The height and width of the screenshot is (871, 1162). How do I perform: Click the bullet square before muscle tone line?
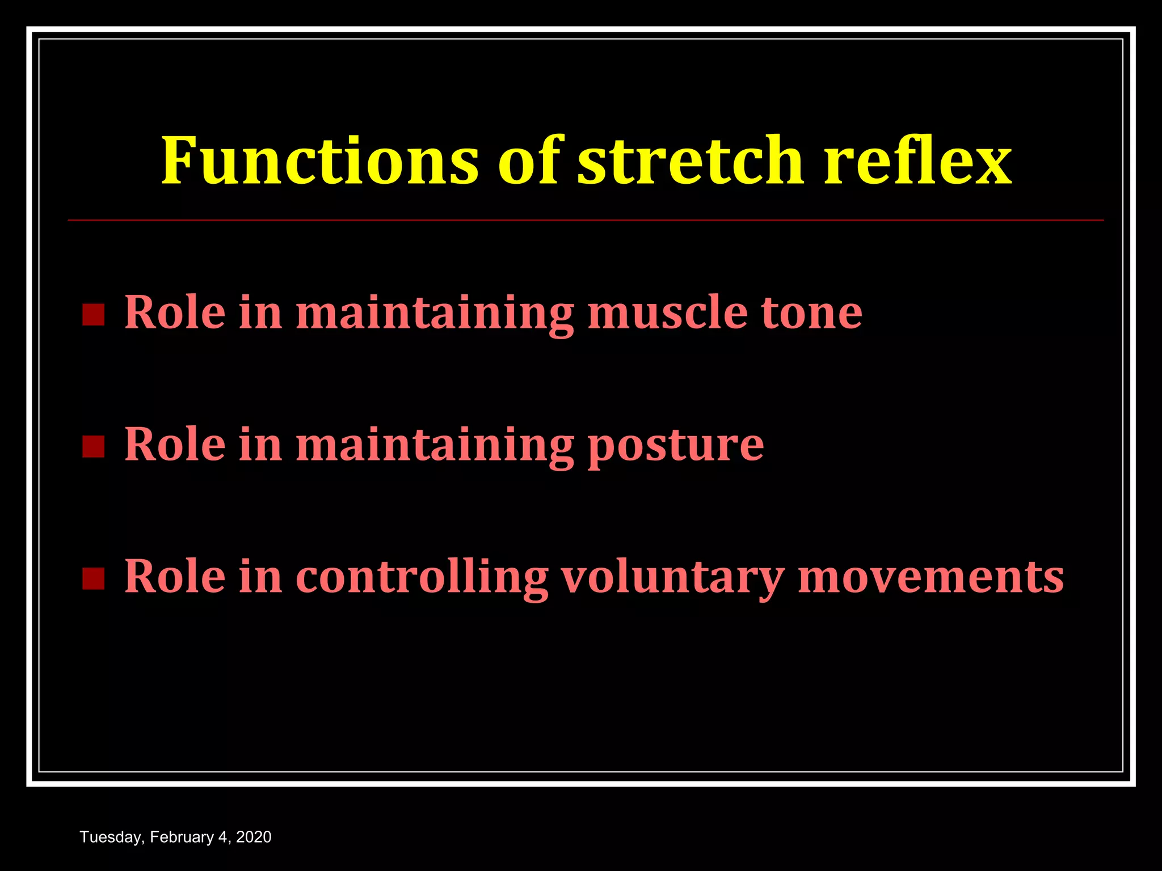pos(93,315)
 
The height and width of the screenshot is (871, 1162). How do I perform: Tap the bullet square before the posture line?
pos(93,446)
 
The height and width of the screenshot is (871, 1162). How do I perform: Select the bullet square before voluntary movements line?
pos(93,578)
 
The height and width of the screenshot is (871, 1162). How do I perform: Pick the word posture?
pos(675,445)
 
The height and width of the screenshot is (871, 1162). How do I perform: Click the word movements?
pos(931,577)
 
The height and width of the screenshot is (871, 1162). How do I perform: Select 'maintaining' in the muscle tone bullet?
pos(435,314)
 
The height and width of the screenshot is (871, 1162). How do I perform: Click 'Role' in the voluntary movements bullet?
pos(175,577)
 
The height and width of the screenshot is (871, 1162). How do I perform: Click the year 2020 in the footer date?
pos(254,838)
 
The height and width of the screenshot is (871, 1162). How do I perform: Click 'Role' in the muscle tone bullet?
pos(175,312)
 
